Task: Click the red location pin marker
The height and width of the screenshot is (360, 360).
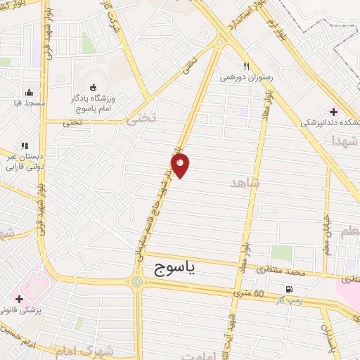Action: (181, 167)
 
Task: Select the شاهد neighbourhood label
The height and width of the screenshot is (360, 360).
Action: (245, 183)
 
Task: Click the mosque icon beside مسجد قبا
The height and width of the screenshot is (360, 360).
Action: (29, 91)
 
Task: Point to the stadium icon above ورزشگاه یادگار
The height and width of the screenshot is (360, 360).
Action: (94, 87)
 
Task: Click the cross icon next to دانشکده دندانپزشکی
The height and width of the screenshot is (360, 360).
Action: (333, 112)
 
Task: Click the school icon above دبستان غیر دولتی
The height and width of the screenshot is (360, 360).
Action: (25, 146)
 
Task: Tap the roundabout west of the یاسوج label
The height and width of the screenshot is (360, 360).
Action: (136, 282)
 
